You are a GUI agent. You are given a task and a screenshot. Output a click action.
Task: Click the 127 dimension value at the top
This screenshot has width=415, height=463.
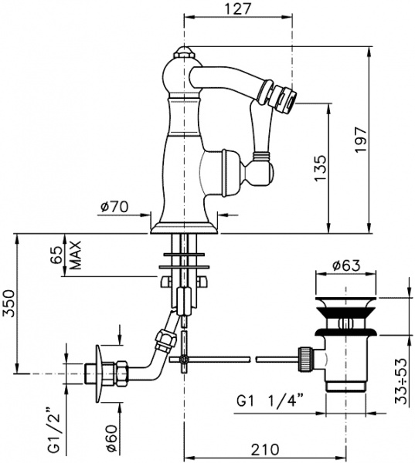coord(238,8)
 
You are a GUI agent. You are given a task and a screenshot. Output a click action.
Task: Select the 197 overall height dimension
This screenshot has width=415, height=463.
coord(361,140)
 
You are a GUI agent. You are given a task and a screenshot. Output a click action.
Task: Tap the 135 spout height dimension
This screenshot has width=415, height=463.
coord(321,168)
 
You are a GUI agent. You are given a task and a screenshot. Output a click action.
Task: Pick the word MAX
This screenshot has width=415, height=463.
coord(76,255)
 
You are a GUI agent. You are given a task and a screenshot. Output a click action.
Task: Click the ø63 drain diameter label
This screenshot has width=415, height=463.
coord(346,265)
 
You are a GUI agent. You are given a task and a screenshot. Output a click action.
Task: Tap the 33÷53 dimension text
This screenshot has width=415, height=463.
coord(405,381)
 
